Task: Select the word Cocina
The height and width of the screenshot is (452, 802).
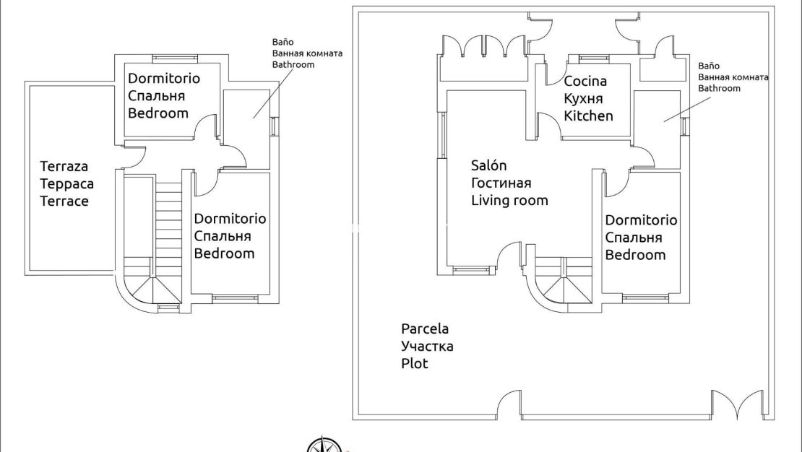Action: point(585,82)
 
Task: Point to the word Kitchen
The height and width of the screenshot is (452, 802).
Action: point(588,116)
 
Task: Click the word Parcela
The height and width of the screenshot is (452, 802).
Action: point(425,329)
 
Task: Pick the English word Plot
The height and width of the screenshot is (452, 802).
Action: point(415,363)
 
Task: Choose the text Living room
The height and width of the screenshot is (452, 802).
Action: point(509,200)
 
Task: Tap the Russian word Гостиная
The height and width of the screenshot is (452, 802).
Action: point(501,183)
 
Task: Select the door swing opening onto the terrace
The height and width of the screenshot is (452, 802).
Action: point(136,154)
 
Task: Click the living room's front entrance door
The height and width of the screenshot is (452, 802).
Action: point(510,256)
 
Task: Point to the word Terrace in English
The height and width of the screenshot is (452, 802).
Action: point(64,201)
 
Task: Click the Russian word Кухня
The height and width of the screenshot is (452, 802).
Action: point(583,99)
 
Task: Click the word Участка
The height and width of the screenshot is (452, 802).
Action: point(427,347)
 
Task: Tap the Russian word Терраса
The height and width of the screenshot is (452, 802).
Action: point(66,184)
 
